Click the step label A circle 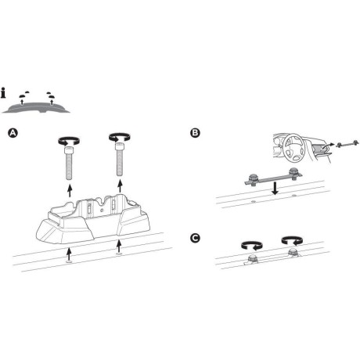pos(11,134)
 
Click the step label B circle pos(195,133)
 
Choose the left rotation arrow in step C pos(252,243)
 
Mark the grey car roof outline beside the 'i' pos(35,105)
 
